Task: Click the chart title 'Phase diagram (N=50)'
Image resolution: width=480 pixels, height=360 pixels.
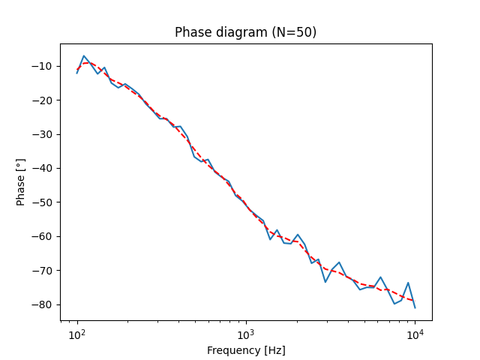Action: point(245,32)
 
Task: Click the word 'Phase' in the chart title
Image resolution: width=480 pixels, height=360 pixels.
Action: point(191,32)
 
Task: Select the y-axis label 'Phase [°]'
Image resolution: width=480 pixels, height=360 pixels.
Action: point(21,181)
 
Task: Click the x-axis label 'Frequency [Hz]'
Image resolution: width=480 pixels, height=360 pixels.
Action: point(245,350)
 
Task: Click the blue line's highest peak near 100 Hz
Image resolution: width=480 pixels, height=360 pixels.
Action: point(84,55)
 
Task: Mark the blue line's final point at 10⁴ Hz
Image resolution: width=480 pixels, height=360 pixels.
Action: point(415,307)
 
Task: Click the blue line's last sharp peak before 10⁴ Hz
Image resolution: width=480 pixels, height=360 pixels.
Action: point(408,283)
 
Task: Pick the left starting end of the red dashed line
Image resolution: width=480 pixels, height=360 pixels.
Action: point(77,69)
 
